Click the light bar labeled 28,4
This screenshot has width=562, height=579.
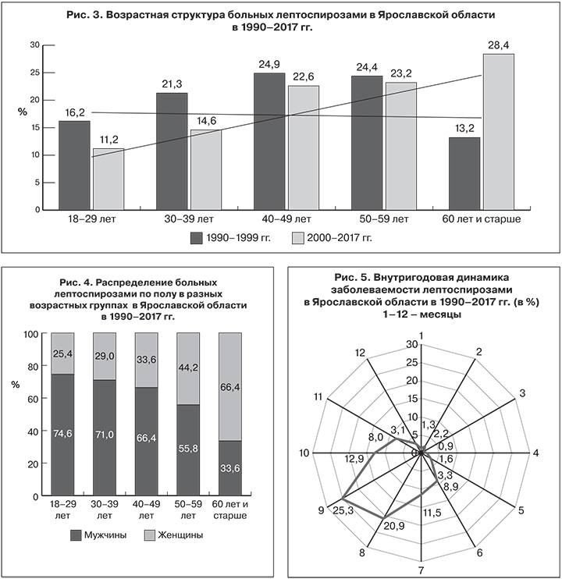click(498, 132)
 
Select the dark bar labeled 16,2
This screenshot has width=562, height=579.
click(74, 165)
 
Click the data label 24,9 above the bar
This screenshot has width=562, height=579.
click(269, 62)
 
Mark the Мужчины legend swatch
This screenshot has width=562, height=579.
click(76, 535)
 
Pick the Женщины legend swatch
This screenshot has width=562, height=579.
click(151, 535)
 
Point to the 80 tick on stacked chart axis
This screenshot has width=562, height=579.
click(33, 366)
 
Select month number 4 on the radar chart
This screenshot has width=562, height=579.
click(535, 453)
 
